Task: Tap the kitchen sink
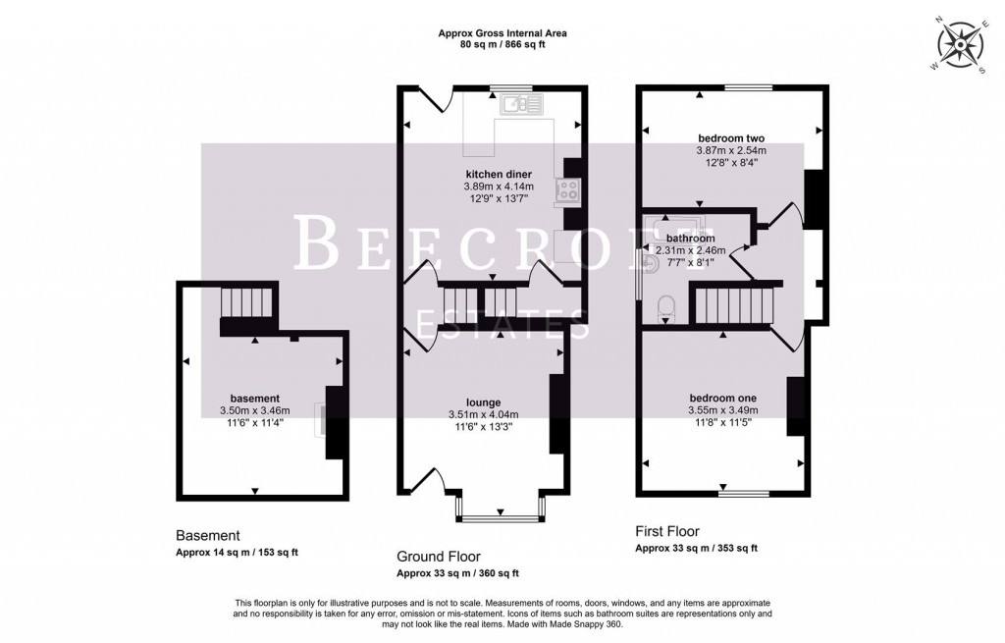tap(516, 102)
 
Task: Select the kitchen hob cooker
tap(568, 189)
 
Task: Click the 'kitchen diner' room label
tap(498, 174)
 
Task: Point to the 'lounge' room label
tap(484, 402)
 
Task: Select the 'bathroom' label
tap(691, 239)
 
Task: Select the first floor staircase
tap(735, 305)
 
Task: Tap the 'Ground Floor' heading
tap(439, 556)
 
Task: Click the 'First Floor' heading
tap(667, 531)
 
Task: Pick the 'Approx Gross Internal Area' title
tap(502, 33)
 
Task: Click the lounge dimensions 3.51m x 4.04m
tap(483, 414)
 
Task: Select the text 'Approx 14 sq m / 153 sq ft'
tap(237, 553)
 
